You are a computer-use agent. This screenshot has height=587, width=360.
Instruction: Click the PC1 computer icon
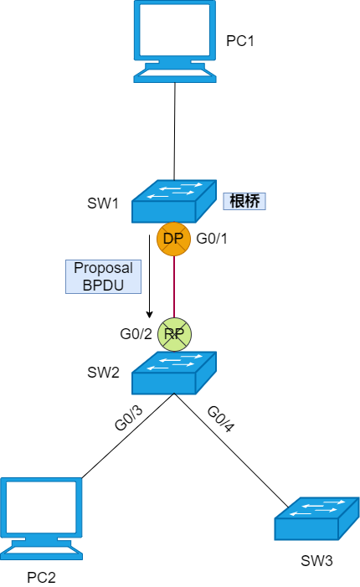pos(175,41)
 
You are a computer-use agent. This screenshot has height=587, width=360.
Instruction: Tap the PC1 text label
pos(240,40)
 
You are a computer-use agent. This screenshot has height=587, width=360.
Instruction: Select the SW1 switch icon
pos(174,202)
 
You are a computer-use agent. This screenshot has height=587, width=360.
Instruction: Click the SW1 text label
pos(103,203)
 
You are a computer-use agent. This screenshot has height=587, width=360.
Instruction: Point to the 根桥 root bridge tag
pos(244,201)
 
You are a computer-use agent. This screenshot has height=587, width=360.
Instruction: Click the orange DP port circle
pos(173,239)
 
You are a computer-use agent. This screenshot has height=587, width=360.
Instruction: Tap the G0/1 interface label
pos(212,239)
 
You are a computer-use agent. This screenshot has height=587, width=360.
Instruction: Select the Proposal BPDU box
pos(103,276)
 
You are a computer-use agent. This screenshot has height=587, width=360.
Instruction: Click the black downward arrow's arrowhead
pos(149,315)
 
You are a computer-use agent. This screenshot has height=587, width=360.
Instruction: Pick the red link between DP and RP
pos(174,286)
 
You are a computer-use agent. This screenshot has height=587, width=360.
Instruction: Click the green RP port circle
pos(174,334)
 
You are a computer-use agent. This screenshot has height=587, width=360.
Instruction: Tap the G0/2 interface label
pos(136,334)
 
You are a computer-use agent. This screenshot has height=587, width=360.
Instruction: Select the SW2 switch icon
pos(174,373)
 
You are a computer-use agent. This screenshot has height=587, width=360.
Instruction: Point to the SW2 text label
pos(103,373)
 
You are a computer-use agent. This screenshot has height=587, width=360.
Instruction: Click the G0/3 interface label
pos(129,418)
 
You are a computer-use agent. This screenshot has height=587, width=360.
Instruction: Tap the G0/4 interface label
pos(221,419)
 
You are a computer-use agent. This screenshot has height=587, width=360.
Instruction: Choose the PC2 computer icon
pos(41,518)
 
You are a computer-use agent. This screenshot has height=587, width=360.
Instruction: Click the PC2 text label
pos(41,578)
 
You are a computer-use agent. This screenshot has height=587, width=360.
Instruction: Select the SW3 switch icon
pos(316,518)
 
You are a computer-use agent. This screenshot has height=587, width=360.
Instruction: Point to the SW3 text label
pos(316,561)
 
